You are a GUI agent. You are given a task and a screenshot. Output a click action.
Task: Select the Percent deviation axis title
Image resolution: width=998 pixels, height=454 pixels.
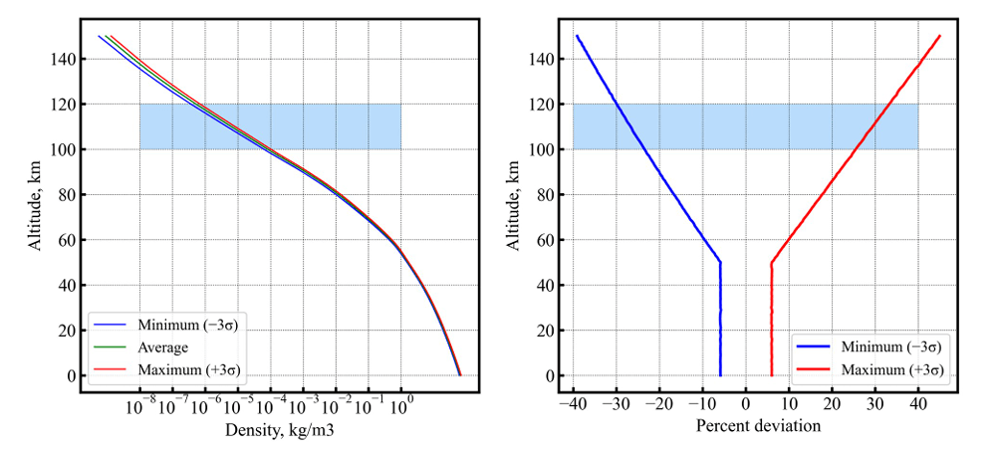point(745,427)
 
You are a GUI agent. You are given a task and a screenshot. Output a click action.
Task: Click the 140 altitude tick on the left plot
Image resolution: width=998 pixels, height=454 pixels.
point(64,59)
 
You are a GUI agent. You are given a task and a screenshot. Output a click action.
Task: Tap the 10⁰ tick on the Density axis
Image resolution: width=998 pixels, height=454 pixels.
point(400,405)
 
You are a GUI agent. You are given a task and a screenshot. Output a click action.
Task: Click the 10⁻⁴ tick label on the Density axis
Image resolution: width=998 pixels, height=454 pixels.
point(271,405)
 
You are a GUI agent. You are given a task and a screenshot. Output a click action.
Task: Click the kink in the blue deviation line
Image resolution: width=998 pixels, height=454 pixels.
point(720,263)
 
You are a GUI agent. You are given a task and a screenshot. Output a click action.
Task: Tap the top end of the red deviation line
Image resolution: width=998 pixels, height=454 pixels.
point(939,37)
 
